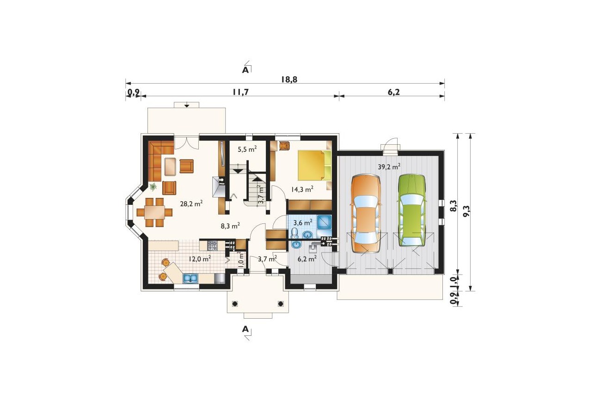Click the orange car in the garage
click(366, 214)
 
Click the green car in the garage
click(412, 210)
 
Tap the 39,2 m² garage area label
click(389, 167)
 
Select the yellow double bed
click(314, 165)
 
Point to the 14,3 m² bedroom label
click(302, 189)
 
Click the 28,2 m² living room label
click(191, 204)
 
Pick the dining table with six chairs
click(154, 212)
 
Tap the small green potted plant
click(153, 186)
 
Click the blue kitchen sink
click(190, 278)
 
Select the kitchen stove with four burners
click(212, 246)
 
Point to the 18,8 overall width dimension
click(289, 80)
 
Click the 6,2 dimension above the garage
click(393, 92)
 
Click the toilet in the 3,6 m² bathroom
click(294, 233)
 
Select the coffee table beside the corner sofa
click(170, 167)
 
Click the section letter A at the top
click(245, 70)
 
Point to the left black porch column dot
click(235, 304)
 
